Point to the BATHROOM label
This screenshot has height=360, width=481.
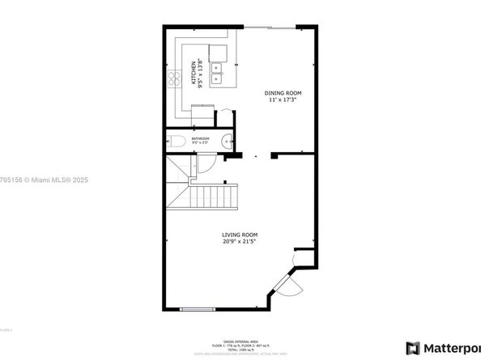tap(201, 139)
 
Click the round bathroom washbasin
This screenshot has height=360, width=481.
tap(231, 140)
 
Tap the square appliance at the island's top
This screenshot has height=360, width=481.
tap(218, 53)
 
